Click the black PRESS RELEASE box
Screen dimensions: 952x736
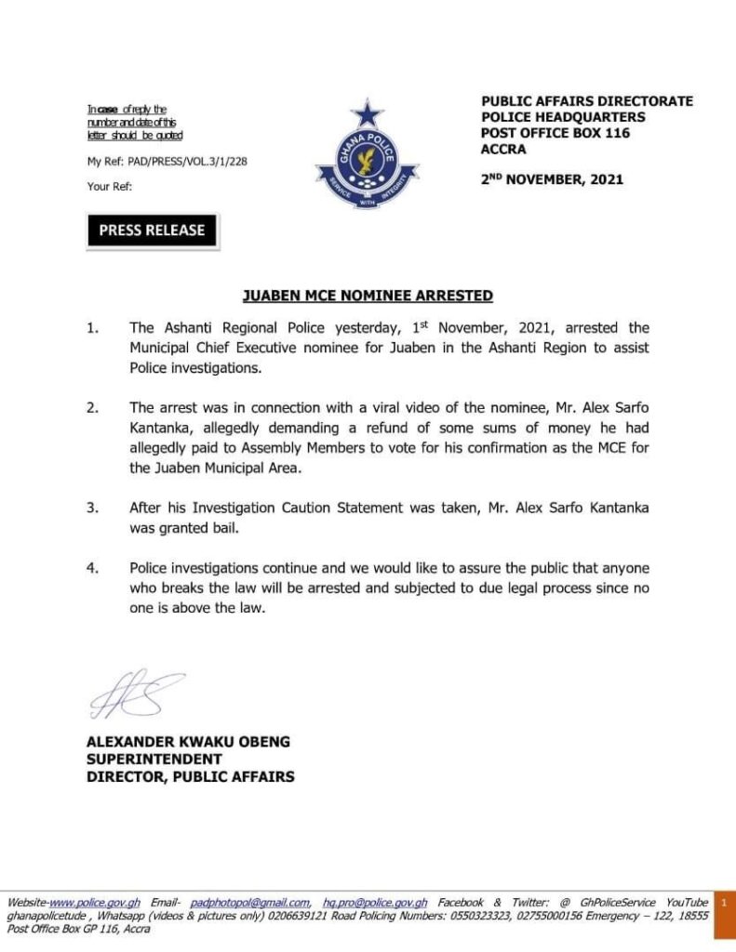point(152,231)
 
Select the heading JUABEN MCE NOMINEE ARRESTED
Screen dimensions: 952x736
point(368,296)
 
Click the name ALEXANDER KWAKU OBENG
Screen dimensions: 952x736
point(188,742)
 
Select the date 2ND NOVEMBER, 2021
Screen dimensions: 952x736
point(552,179)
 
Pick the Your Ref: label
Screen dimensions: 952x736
point(110,186)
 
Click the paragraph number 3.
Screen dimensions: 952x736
point(91,509)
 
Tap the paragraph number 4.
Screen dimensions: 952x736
point(91,567)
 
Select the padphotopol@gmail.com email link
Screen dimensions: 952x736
point(250,903)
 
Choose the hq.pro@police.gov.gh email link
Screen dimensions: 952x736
point(375,903)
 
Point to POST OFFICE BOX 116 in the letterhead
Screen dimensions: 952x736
point(555,133)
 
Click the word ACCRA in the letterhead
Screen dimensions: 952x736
point(503,149)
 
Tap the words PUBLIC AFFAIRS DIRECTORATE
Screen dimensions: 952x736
point(586,101)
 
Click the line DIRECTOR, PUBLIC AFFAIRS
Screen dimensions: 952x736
point(190,776)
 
